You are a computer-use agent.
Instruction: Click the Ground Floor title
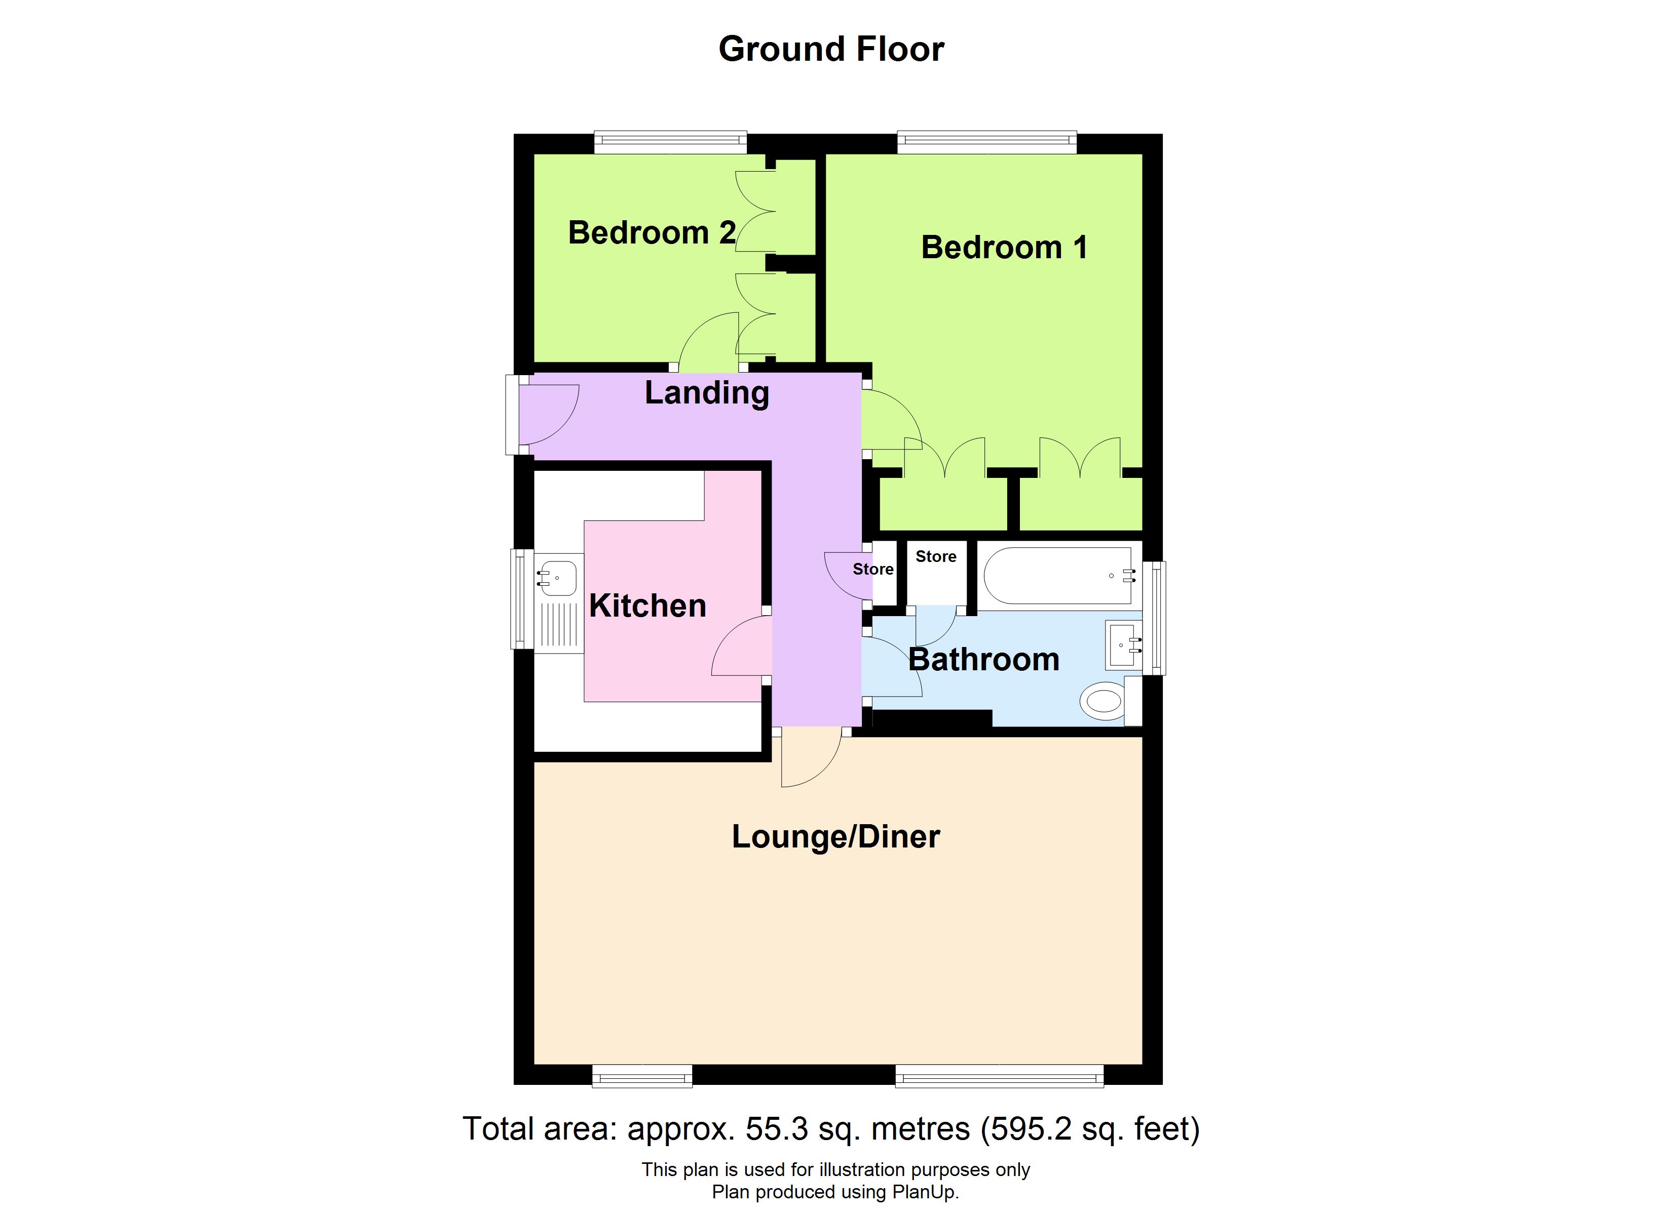click(x=831, y=50)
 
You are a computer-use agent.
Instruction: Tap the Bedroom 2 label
click(x=651, y=233)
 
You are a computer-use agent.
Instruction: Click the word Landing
click(x=706, y=393)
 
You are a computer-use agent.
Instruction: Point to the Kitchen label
click(x=648, y=605)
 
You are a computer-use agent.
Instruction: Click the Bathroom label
click(x=983, y=660)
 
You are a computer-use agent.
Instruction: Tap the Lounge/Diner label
click(x=835, y=837)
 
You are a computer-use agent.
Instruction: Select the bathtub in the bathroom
click(x=1057, y=576)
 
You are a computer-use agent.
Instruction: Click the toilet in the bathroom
click(x=1104, y=701)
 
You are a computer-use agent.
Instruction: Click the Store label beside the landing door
click(x=873, y=570)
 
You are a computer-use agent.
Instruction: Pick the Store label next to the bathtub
click(x=935, y=557)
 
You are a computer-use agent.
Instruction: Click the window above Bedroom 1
click(x=986, y=142)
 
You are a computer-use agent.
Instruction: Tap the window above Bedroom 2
click(x=670, y=142)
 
